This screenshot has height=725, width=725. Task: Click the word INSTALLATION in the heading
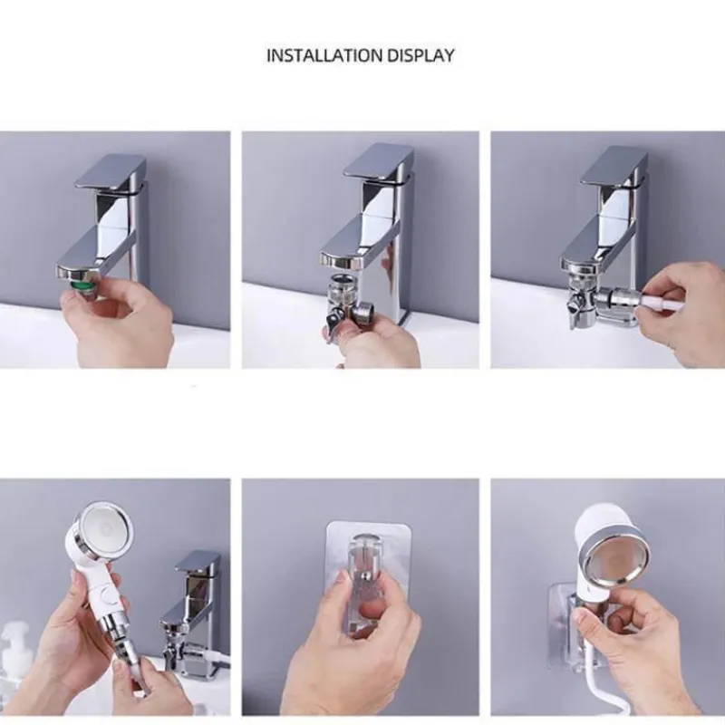click(324, 55)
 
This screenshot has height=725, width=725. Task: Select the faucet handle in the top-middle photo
click(378, 161)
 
